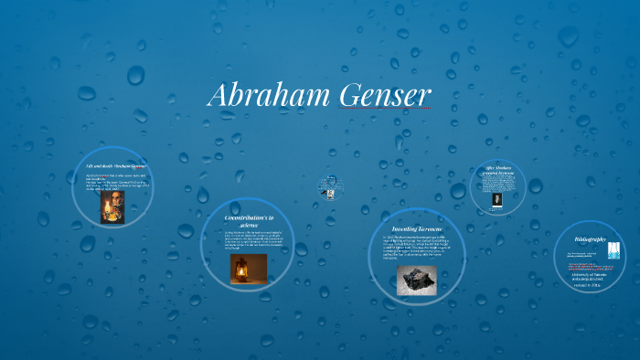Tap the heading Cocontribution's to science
(x=249, y=220)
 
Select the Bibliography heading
(x=590, y=239)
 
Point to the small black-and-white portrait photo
(x=496, y=199)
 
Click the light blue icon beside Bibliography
(x=613, y=249)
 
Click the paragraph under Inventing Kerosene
(x=416, y=248)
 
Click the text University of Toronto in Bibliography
(x=590, y=275)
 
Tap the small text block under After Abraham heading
(x=497, y=185)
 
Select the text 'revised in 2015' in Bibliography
(x=590, y=286)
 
